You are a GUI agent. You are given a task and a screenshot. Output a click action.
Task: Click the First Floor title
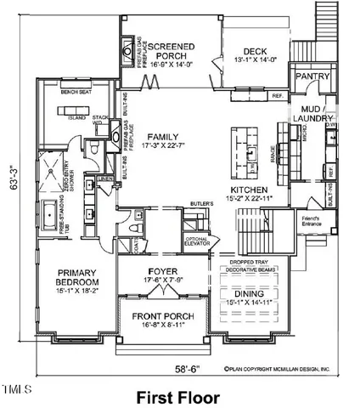click(179, 396)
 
